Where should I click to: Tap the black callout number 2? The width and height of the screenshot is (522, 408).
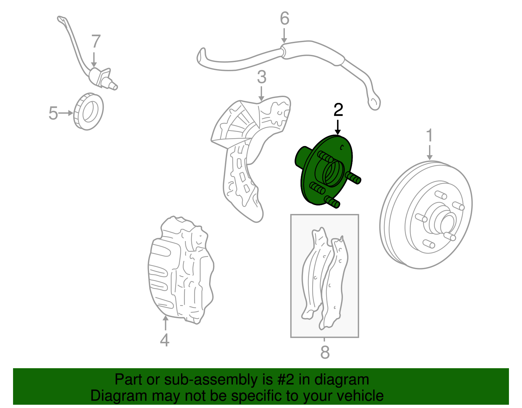(338, 110)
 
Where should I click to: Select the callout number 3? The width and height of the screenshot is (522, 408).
(262, 77)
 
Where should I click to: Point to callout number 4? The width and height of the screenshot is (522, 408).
(164, 340)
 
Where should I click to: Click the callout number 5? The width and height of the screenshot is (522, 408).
(53, 113)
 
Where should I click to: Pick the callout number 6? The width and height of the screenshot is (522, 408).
(284, 18)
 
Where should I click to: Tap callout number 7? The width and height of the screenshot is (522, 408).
(96, 41)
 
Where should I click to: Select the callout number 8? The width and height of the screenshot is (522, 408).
(325, 352)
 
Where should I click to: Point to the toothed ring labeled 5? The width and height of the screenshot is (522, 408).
(88, 112)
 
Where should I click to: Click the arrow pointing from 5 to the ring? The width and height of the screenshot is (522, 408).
(66, 113)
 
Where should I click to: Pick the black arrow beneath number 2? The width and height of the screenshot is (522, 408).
(338, 127)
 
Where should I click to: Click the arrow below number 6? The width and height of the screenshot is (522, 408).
(284, 36)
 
